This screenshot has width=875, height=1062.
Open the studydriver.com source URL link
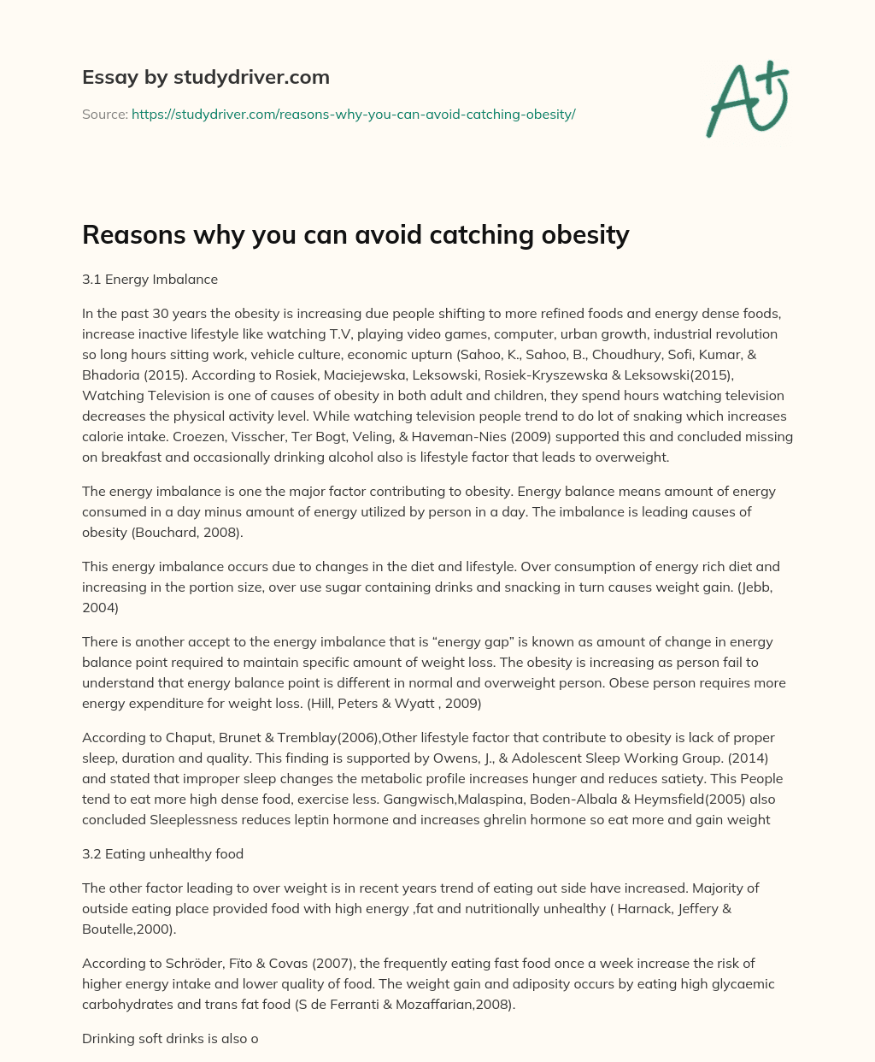(353, 114)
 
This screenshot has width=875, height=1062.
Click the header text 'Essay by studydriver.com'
(205, 77)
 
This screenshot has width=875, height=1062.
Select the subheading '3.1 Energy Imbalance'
(150, 279)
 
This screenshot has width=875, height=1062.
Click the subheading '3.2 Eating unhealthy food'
(162, 853)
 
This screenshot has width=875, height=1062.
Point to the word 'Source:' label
(105, 114)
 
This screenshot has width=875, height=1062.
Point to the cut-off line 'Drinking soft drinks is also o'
(170, 1039)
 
